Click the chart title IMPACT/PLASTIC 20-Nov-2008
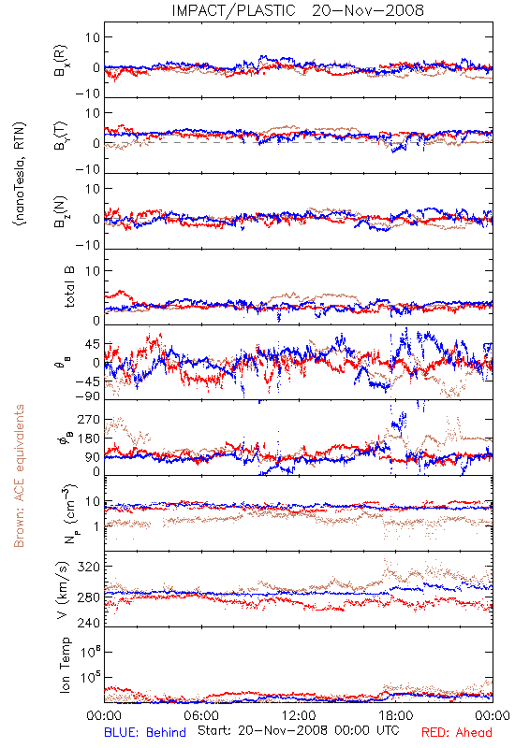(x=298, y=10)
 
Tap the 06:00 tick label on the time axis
(x=201, y=715)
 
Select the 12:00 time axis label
(x=299, y=715)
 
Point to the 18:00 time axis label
(x=396, y=715)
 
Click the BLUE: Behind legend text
(x=145, y=732)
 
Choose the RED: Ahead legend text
(x=456, y=732)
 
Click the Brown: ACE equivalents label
(x=19, y=476)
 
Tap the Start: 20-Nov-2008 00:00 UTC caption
(x=299, y=730)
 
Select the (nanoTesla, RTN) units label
(x=20, y=174)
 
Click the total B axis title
(x=69, y=287)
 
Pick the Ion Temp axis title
(x=65, y=665)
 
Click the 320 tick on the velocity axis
(x=88, y=567)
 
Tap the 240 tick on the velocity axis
(x=88, y=623)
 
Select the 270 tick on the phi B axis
(x=88, y=419)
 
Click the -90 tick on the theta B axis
(x=87, y=396)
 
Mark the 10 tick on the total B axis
(x=93, y=271)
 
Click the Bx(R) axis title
(x=61, y=61)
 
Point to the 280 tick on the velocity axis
(x=88, y=597)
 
